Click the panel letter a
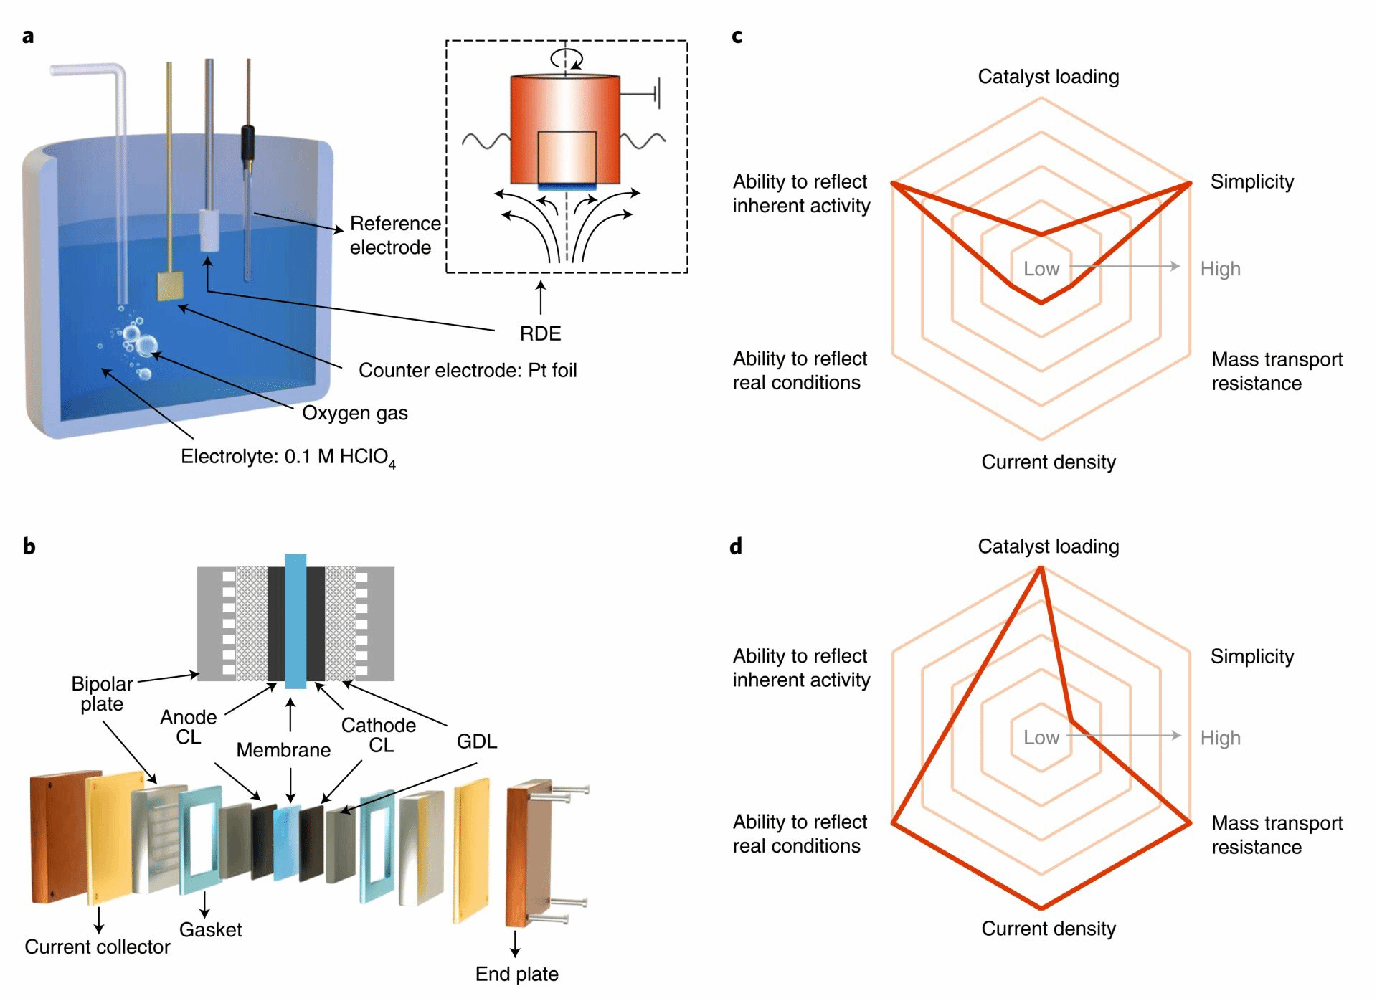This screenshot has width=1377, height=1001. point(28,36)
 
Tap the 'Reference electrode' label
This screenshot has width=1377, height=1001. point(394,235)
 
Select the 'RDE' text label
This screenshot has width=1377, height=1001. point(540,333)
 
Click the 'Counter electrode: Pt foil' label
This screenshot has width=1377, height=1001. point(468,370)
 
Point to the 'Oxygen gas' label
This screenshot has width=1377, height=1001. point(355,413)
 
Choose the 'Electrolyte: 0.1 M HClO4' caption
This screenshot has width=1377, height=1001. point(288,457)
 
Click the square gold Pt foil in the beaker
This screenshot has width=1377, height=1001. point(171,286)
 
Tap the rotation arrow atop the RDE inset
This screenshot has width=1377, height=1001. point(566,58)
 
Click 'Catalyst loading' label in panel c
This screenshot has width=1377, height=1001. point(1048,77)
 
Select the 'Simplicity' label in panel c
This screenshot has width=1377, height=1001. point(1252,182)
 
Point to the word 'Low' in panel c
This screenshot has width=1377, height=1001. point(1041,269)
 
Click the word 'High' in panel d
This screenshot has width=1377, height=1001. point(1220,738)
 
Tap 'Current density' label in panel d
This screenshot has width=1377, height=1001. point(1049,929)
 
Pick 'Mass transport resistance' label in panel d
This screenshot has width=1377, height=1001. point(1277,835)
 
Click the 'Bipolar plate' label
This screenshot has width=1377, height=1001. point(102,693)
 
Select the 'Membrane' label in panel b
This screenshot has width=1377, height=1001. point(283,750)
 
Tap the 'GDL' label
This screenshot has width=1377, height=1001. point(476,741)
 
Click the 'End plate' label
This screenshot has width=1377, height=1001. point(516,974)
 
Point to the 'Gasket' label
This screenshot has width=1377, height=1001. point(210,930)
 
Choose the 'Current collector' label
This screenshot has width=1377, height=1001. point(98,947)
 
